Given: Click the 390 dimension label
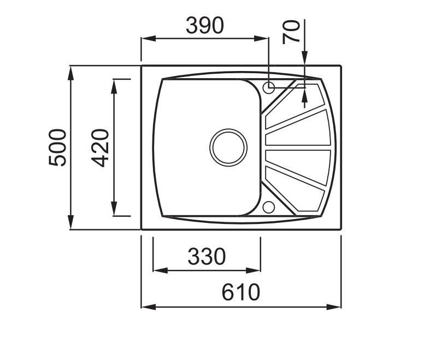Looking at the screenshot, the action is [x=205, y=25].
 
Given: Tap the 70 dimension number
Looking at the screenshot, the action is [x=291, y=32].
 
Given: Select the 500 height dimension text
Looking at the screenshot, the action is [x=57, y=147].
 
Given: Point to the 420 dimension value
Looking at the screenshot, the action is [x=100, y=147].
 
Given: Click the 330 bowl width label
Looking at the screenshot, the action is [x=207, y=257].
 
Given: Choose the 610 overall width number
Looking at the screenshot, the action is [x=241, y=292].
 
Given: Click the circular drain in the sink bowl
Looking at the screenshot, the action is [x=228, y=147].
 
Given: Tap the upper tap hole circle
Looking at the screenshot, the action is [x=269, y=87].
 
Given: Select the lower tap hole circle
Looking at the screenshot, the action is [x=269, y=207].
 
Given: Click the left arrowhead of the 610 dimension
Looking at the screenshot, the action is [x=148, y=307].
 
